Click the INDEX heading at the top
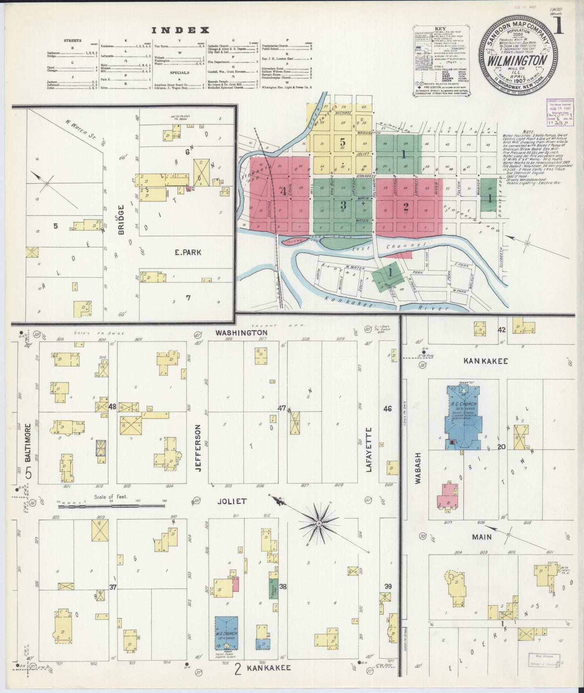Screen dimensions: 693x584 [180, 30]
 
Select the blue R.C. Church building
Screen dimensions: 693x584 [463, 420]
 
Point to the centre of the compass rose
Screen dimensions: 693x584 [318, 523]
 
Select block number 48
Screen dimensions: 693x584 [112, 407]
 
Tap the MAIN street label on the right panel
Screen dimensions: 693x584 [481, 537]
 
